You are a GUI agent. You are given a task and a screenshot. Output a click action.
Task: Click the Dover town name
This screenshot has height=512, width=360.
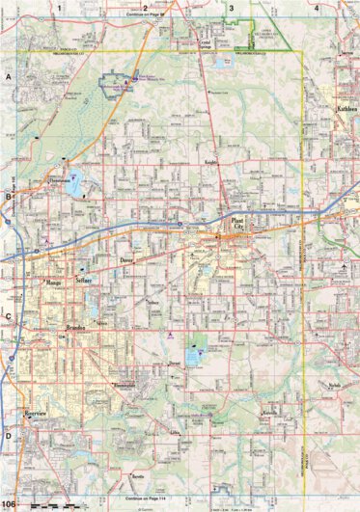click(126, 260)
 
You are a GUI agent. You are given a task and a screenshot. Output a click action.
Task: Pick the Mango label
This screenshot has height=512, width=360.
click(52, 283)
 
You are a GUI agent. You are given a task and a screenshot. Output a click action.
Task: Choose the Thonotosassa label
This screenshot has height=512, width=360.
click(57, 180)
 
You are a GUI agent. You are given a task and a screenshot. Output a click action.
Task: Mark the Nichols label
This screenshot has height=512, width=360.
click(334, 384)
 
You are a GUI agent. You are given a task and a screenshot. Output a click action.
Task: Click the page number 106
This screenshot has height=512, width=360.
click(10, 504)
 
